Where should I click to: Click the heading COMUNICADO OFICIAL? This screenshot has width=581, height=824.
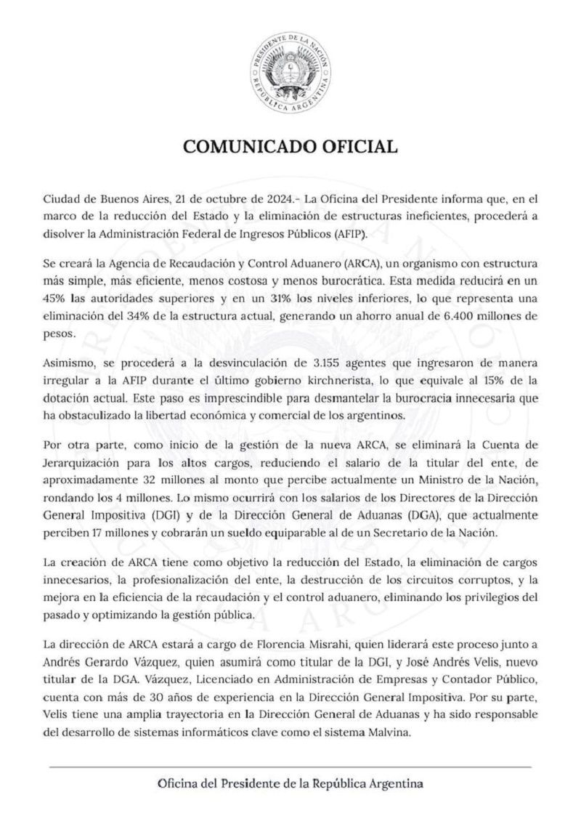(290, 147)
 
